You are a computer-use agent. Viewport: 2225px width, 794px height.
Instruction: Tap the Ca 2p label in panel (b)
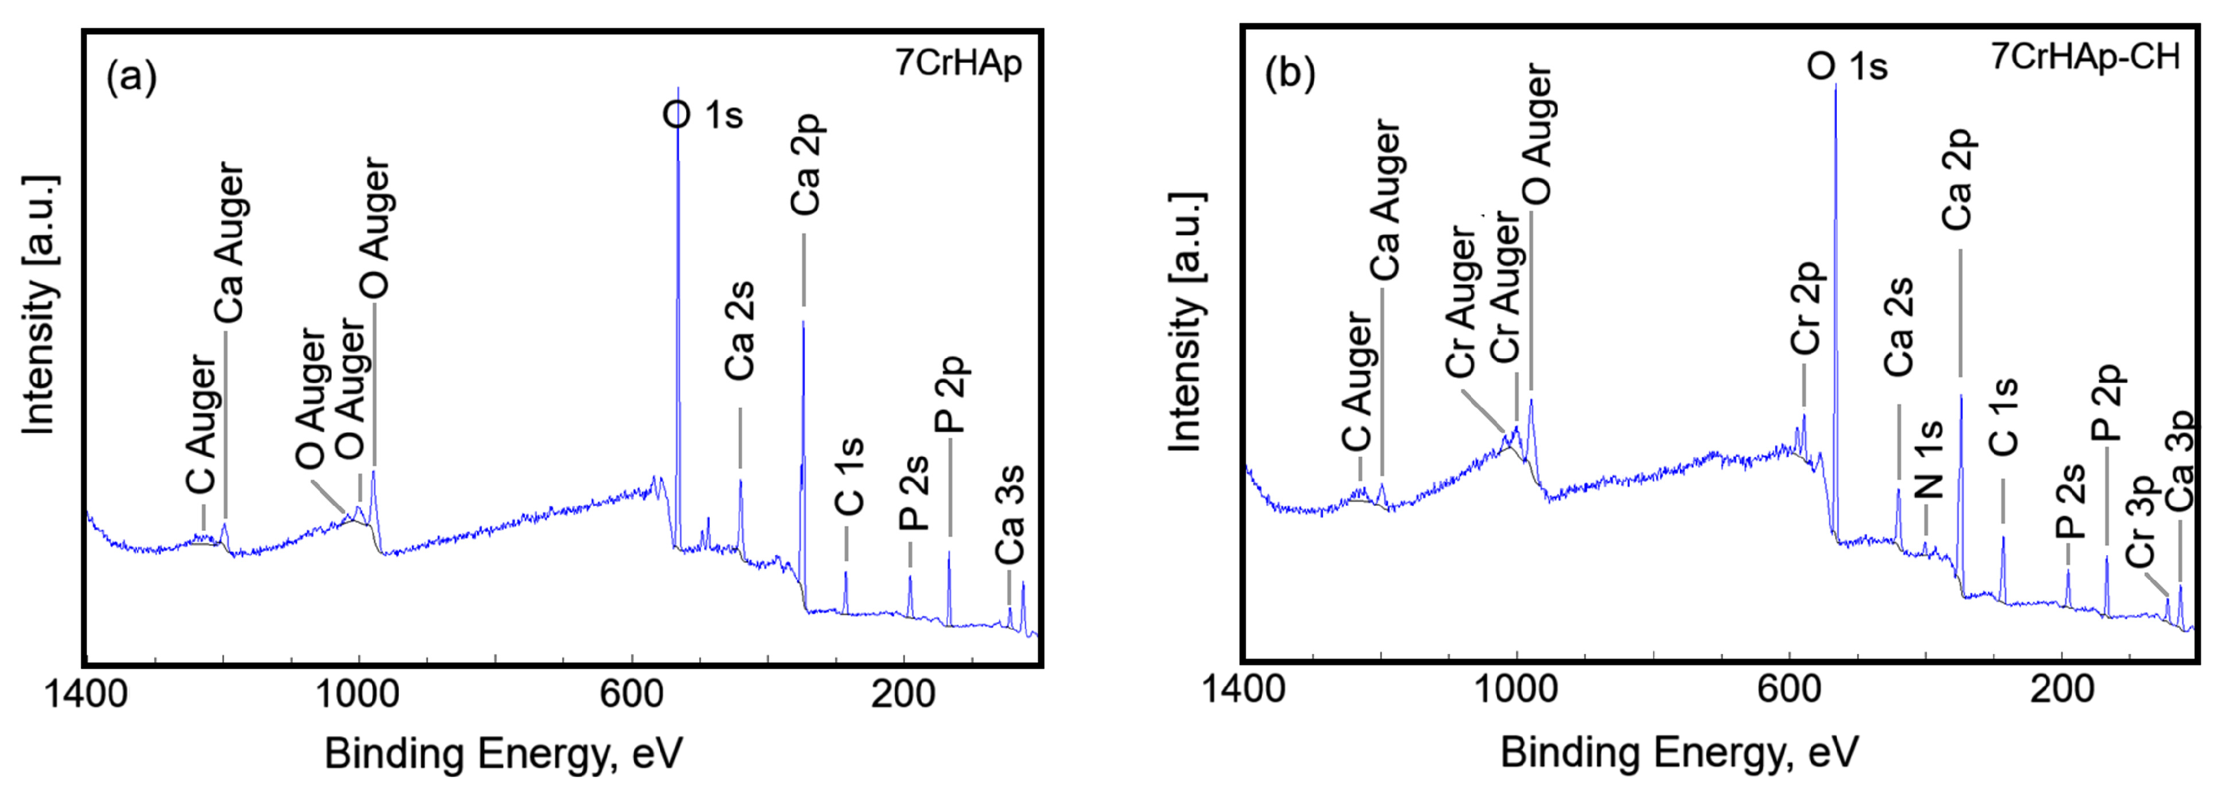tap(1957, 180)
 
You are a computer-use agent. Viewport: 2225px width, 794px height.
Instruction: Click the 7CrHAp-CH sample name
tap(2085, 57)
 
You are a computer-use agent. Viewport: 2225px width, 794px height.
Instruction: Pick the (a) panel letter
tap(131, 77)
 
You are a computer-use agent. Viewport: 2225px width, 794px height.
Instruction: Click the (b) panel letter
tap(1290, 74)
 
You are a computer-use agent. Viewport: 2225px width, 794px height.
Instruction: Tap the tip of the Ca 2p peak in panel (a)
tap(803, 321)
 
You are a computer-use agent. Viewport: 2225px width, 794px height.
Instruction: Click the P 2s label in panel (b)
tap(2070, 501)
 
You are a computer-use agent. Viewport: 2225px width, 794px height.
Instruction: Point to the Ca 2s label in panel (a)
tap(740, 330)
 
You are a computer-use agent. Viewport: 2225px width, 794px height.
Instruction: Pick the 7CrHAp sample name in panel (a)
tap(958, 63)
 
